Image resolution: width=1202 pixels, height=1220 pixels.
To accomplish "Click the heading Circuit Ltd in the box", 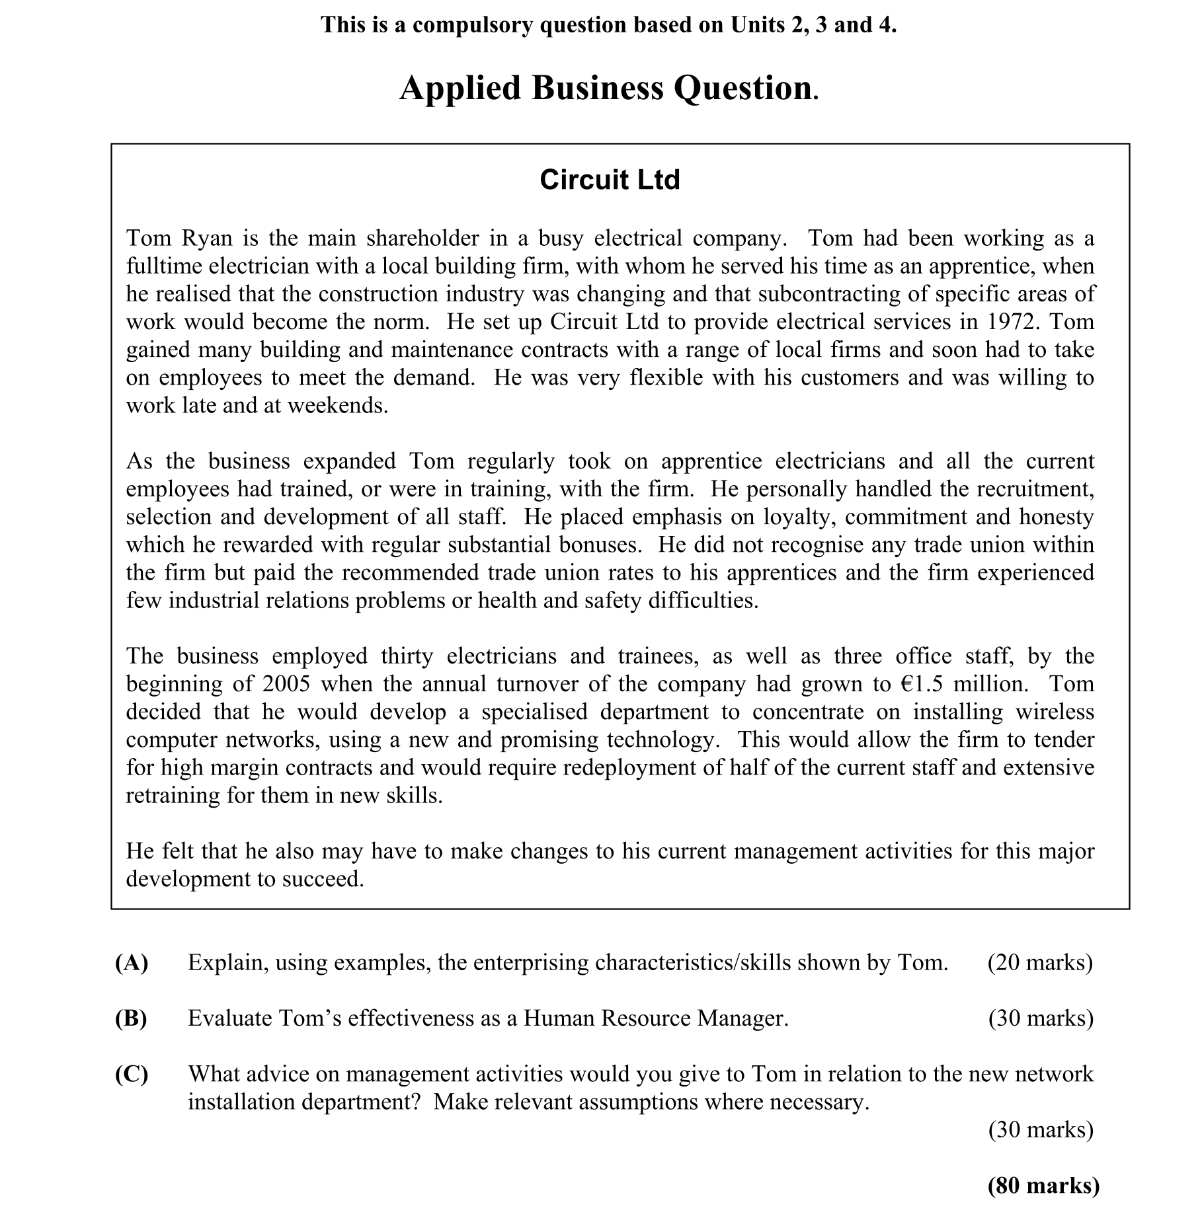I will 609,180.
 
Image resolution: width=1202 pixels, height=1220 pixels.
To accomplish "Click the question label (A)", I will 132,963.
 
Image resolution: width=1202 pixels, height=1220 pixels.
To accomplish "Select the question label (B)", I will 132,1018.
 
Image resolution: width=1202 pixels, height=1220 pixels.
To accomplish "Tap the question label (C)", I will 132,1074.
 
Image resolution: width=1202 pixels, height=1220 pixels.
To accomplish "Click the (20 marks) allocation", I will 1040,963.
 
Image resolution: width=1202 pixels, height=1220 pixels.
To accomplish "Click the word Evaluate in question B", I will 229,1018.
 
